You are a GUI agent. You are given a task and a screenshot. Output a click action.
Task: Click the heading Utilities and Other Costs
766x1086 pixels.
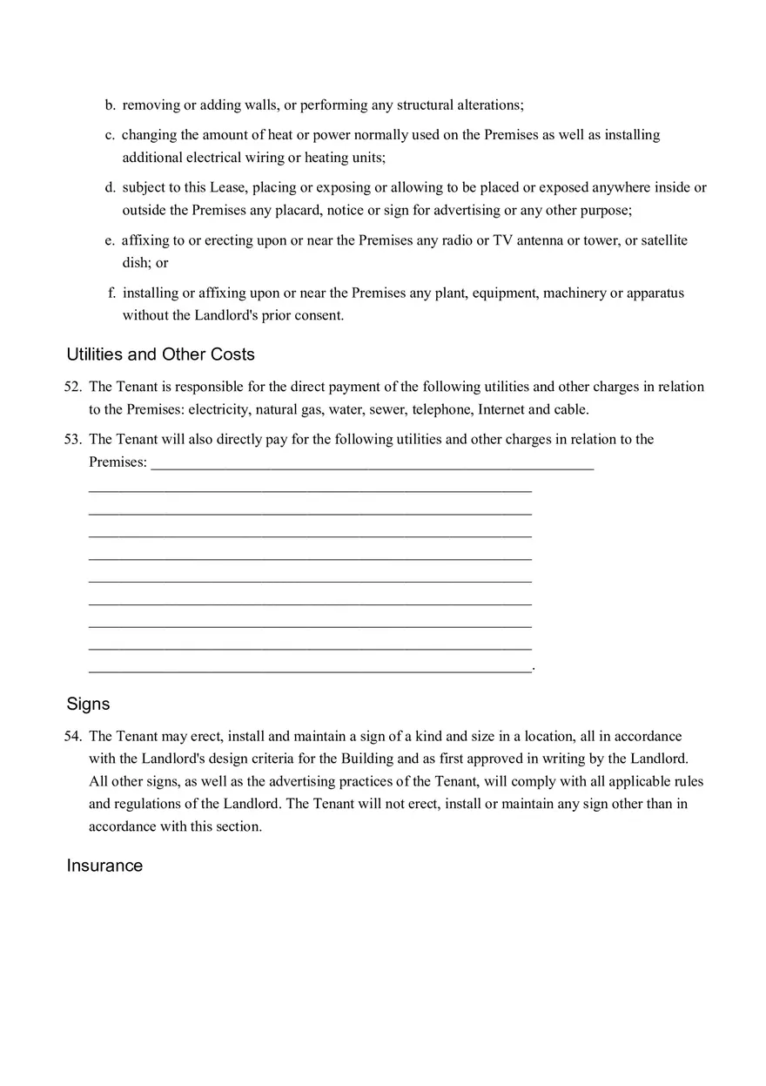[160, 354]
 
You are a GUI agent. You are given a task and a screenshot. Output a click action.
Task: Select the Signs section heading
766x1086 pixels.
[88, 704]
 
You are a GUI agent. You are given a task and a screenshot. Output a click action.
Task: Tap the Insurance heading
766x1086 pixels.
[104, 866]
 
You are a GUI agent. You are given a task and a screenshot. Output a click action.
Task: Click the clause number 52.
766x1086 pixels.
[72, 387]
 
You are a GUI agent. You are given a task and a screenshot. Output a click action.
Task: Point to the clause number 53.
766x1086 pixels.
[72, 439]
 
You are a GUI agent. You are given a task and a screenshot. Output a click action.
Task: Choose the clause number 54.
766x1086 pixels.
[72, 737]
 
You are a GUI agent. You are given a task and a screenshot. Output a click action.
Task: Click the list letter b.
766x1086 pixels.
[111, 105]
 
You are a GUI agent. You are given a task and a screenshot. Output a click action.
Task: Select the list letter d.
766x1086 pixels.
[111, 187]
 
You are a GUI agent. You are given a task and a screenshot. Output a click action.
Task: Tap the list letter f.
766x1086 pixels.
[111, 293]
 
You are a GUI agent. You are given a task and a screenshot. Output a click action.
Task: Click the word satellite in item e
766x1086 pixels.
[664, 240]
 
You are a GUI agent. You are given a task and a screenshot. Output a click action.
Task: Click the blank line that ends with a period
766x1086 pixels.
[310, 668]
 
